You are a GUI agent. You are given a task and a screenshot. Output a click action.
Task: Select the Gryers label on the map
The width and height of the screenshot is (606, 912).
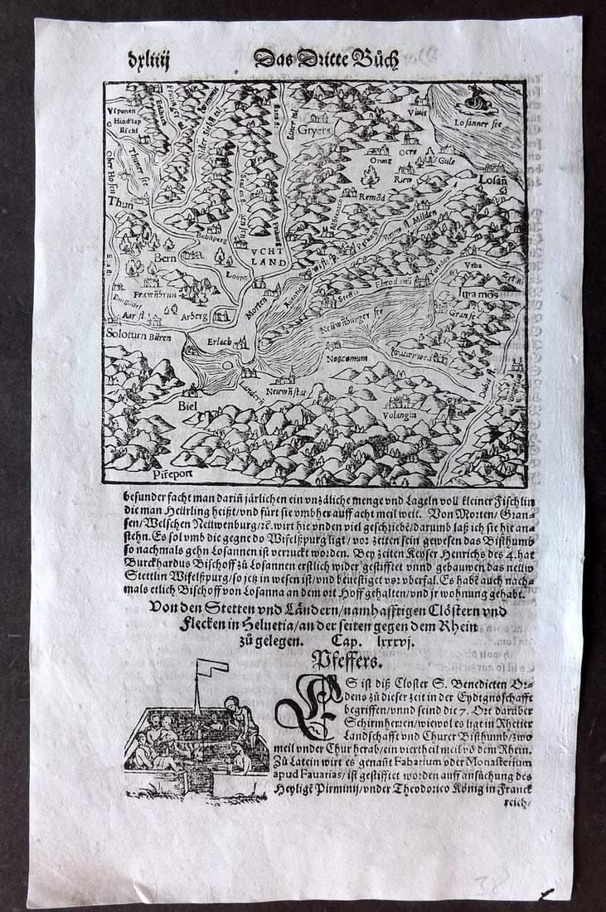point(315,130)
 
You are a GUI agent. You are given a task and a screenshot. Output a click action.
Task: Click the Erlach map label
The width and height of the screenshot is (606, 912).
point(220,341)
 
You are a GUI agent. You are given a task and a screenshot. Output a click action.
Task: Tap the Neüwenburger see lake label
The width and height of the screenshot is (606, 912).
point(359,321)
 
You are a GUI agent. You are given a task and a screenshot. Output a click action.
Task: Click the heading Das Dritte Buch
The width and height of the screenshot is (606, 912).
point(326,60)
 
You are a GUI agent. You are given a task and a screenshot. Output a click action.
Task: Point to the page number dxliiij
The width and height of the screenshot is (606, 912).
point(148,60)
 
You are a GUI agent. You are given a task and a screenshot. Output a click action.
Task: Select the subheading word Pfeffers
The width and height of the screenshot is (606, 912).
point(346,660)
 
